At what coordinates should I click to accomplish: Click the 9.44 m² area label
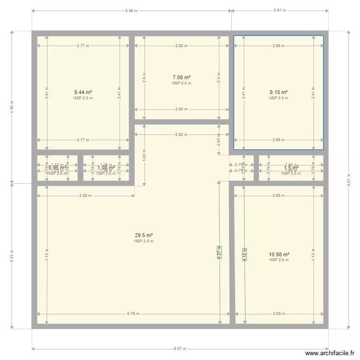[83, 93]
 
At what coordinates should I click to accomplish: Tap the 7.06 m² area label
[181, 77]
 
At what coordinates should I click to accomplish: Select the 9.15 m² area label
[279, 93]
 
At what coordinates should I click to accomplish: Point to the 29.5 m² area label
[144, 235]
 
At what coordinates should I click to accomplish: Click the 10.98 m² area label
[279, 254]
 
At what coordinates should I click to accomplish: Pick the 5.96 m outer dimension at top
[132, 10]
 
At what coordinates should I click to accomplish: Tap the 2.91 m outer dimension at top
[279, 10]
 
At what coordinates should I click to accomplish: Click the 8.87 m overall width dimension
[180, 349]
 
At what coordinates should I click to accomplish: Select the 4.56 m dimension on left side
[12, 107]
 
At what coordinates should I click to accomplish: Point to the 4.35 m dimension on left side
[12, 255]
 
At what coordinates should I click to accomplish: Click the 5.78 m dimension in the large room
[133, 314]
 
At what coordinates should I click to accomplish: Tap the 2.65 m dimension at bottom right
[278, 314]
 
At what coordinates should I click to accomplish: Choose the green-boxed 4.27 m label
[219, 252]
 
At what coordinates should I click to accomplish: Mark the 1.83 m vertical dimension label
[144, 155]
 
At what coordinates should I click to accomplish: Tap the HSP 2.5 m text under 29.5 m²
[144, 241]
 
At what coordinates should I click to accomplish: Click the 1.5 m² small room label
[291, 168]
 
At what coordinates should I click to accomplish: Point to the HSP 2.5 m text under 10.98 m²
[279, 260]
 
